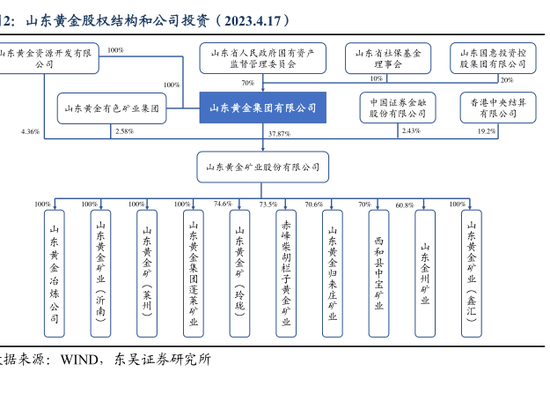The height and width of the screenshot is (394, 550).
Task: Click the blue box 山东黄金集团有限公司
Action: tap(262, 108)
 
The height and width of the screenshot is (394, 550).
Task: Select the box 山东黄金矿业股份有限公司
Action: tap(262, 165)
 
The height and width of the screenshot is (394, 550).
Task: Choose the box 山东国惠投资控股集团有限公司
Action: tap(493, 58)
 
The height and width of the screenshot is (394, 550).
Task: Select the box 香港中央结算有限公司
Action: tap(493, 108)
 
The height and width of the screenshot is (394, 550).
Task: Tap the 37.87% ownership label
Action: tap(278, 133)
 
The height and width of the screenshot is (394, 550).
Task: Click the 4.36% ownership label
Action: tap(29, 131)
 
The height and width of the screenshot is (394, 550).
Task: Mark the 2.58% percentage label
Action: tap(123, 131)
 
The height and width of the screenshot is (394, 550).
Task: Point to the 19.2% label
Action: tap(487, 131)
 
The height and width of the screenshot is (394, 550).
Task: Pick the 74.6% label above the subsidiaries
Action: tap(223, 204)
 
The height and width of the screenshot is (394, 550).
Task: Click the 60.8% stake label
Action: tap(404, 204)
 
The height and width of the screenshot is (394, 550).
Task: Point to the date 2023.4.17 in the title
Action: tap(253, 19)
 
